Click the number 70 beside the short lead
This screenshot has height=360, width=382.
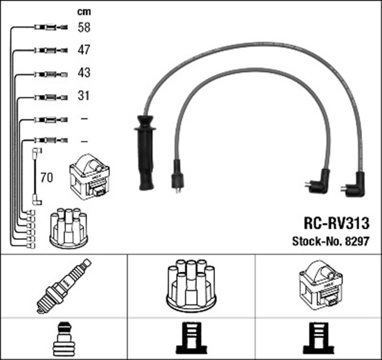coord(46,177)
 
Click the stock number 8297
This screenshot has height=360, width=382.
coord(356,242)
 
